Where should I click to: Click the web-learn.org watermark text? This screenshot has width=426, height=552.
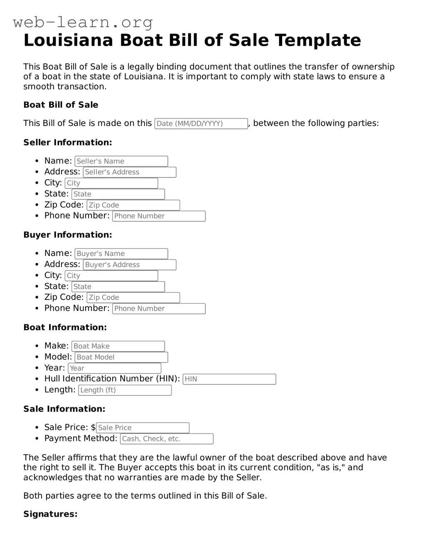click(83, 22)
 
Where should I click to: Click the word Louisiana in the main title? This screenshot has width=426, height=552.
click(68, 40)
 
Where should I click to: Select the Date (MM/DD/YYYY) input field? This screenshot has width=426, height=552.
click(201, 124)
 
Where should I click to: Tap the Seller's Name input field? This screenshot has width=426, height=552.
click(121, 161)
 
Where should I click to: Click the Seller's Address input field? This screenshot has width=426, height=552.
click(130, 172)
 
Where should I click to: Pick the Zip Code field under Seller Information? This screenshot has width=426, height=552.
click(133, 205)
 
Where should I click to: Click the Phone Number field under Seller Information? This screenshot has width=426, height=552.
click(159, 216)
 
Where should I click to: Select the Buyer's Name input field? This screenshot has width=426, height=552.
click(121, 254)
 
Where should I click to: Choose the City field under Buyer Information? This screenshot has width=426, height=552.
click(111, 276)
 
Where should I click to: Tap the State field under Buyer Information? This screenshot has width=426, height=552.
click(118, 287)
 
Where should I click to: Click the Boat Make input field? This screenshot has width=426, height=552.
click(118, 346)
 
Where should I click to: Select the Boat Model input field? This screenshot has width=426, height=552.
click(121, 357)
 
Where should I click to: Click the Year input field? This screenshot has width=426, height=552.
click(114, 368)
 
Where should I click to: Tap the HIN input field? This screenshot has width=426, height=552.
click(229, 379)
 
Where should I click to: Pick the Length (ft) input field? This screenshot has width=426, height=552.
click(125, 390)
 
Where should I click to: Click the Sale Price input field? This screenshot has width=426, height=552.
click(143, 428)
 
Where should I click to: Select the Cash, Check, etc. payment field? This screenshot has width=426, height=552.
click(167, 439)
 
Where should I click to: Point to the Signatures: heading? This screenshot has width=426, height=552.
click(50, 514)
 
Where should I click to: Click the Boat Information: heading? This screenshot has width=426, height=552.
click(65, 327)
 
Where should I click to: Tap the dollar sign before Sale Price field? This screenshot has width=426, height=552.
click(93, 427)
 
